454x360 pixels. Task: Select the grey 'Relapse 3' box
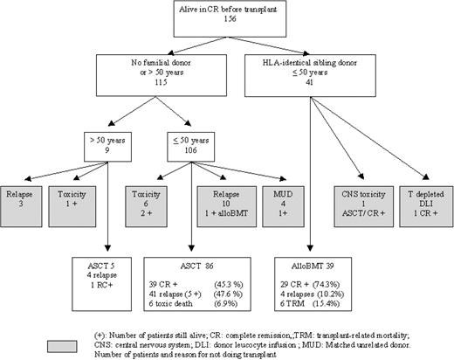[26, 192]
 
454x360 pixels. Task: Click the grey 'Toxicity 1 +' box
[77, 192]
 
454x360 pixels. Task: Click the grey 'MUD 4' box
[283, 192]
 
